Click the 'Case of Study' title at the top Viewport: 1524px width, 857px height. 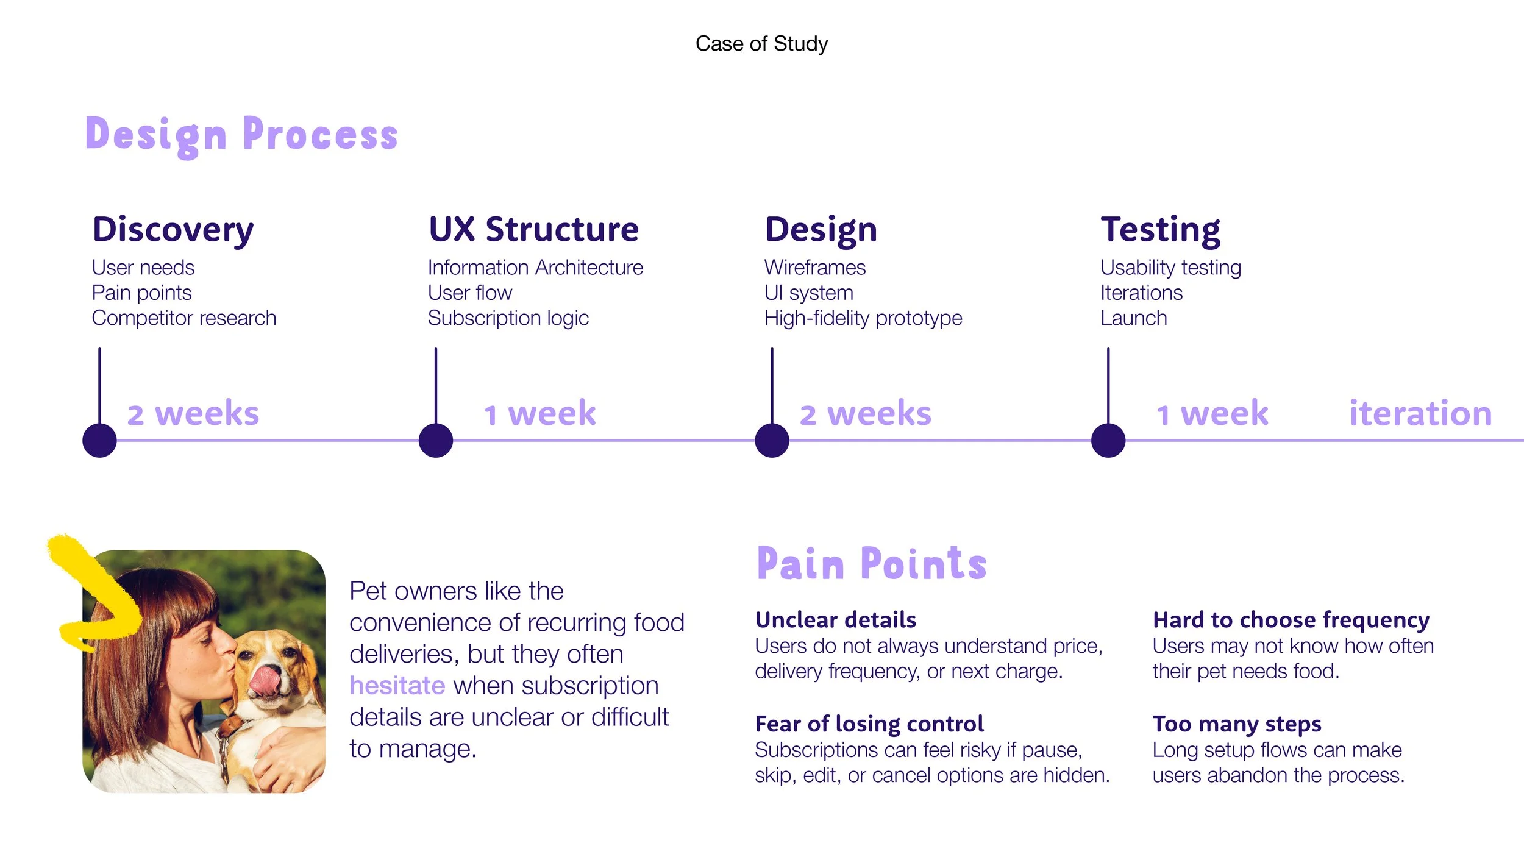(761, 44)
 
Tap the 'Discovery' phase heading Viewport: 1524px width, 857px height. (173, 230)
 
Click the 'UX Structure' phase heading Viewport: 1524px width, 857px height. (533, 229)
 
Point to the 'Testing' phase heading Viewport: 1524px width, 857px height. (1160, 230)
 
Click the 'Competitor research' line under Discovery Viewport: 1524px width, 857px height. (184, 318)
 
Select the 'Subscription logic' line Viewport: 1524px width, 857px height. (508, 318)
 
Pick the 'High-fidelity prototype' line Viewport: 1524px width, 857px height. (863, 318)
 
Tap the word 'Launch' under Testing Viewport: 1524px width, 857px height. (1134, 318)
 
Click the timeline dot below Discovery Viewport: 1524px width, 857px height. (99, 440)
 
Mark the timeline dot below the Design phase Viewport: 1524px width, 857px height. (772, 440)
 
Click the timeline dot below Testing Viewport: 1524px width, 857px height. (1108, 440)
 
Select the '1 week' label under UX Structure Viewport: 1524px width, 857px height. (540, 413)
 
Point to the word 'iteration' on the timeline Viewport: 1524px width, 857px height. (1420, 413)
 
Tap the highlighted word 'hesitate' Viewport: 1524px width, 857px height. (397, 686)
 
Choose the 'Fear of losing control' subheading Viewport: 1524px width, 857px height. (869, 724)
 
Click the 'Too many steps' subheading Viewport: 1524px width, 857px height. (1237, 724)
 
